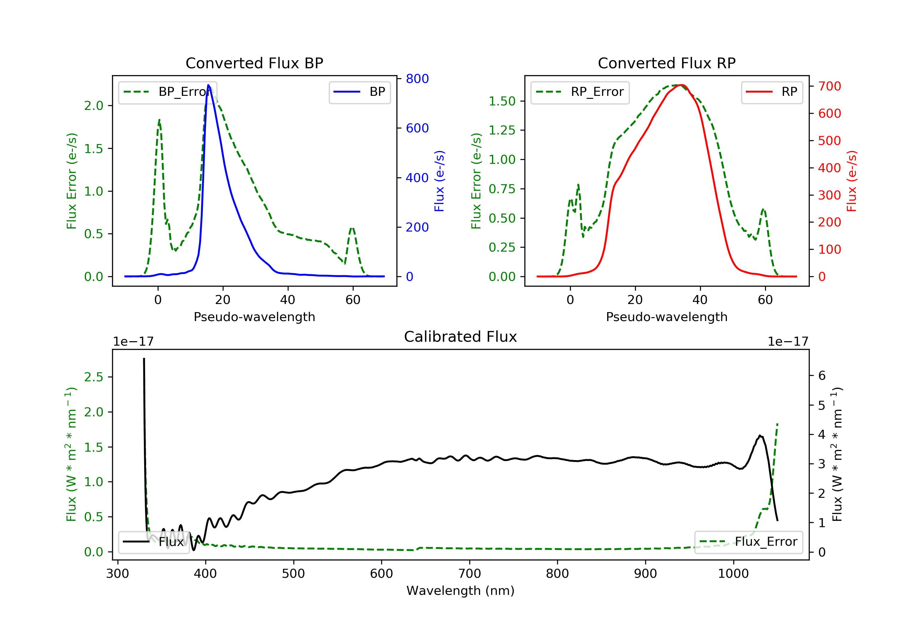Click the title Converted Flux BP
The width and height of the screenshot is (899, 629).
pos(254,63)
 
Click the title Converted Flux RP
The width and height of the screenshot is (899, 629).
pos(666,63)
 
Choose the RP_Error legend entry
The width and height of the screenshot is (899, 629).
pos(580,92)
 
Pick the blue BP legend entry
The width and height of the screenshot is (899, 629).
pos(359,92)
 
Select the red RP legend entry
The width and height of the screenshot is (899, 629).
pos(772,92)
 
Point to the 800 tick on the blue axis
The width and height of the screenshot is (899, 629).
pos(417,79)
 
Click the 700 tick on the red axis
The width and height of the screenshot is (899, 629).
pos(829,86)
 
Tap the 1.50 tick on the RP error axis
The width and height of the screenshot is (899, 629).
pos(502,101)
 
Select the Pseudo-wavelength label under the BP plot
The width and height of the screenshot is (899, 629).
pos(254,317)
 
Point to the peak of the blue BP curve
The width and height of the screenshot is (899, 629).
pos(208,85)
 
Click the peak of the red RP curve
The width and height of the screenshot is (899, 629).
pos(682,85)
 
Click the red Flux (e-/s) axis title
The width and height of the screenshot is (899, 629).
pos(852,181)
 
